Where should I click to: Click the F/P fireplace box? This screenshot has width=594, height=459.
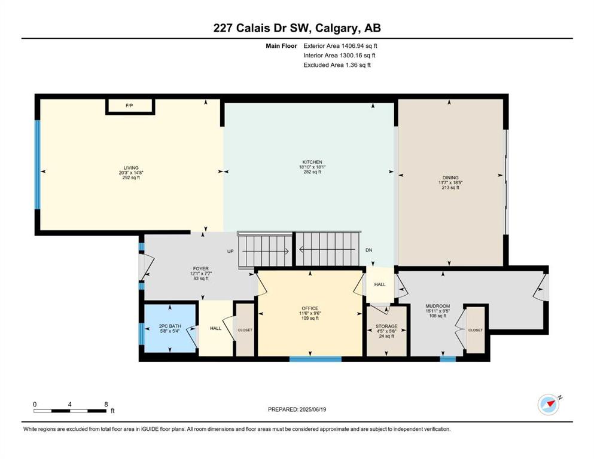130,106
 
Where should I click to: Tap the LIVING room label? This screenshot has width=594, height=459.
131,167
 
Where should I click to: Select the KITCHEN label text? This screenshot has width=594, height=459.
312,162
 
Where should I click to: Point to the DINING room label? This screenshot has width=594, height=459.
450,178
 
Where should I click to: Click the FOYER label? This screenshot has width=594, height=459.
201,269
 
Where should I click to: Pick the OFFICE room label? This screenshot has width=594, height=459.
310,308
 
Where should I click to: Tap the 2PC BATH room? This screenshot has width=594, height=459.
170,329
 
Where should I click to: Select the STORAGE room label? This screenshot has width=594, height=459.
386,326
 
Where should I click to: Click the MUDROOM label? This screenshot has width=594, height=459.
437,306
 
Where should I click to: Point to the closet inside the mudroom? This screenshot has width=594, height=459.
476,330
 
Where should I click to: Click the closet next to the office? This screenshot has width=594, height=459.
245,329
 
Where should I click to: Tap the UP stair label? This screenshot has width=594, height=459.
230,251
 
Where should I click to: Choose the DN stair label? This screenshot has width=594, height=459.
368,250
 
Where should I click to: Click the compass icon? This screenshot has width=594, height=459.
549,405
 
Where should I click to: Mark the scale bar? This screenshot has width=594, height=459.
70,411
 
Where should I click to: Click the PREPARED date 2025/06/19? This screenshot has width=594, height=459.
297,409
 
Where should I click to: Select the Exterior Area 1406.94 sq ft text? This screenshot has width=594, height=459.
340,46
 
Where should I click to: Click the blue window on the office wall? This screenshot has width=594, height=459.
316,359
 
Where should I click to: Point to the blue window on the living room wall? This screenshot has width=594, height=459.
38,164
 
